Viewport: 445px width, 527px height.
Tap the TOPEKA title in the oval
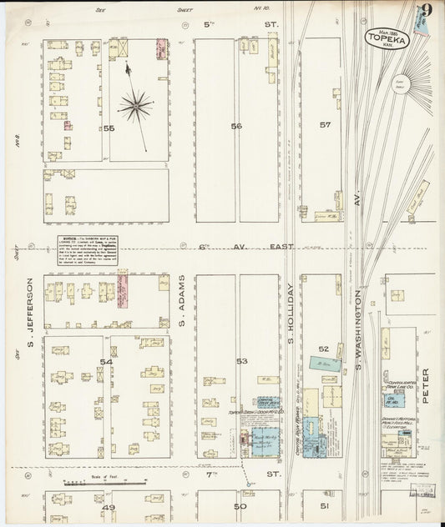click(386, 38)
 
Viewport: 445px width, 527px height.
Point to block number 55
click(109, 128)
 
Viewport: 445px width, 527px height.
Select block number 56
click(237, 126)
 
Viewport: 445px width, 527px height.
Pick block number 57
click(326, 125)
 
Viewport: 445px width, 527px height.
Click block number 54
click(106, 361)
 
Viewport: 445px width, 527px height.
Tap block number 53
click(242, 361)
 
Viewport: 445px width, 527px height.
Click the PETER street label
click(425, 386)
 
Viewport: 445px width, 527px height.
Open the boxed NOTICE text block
click(87, 249)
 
